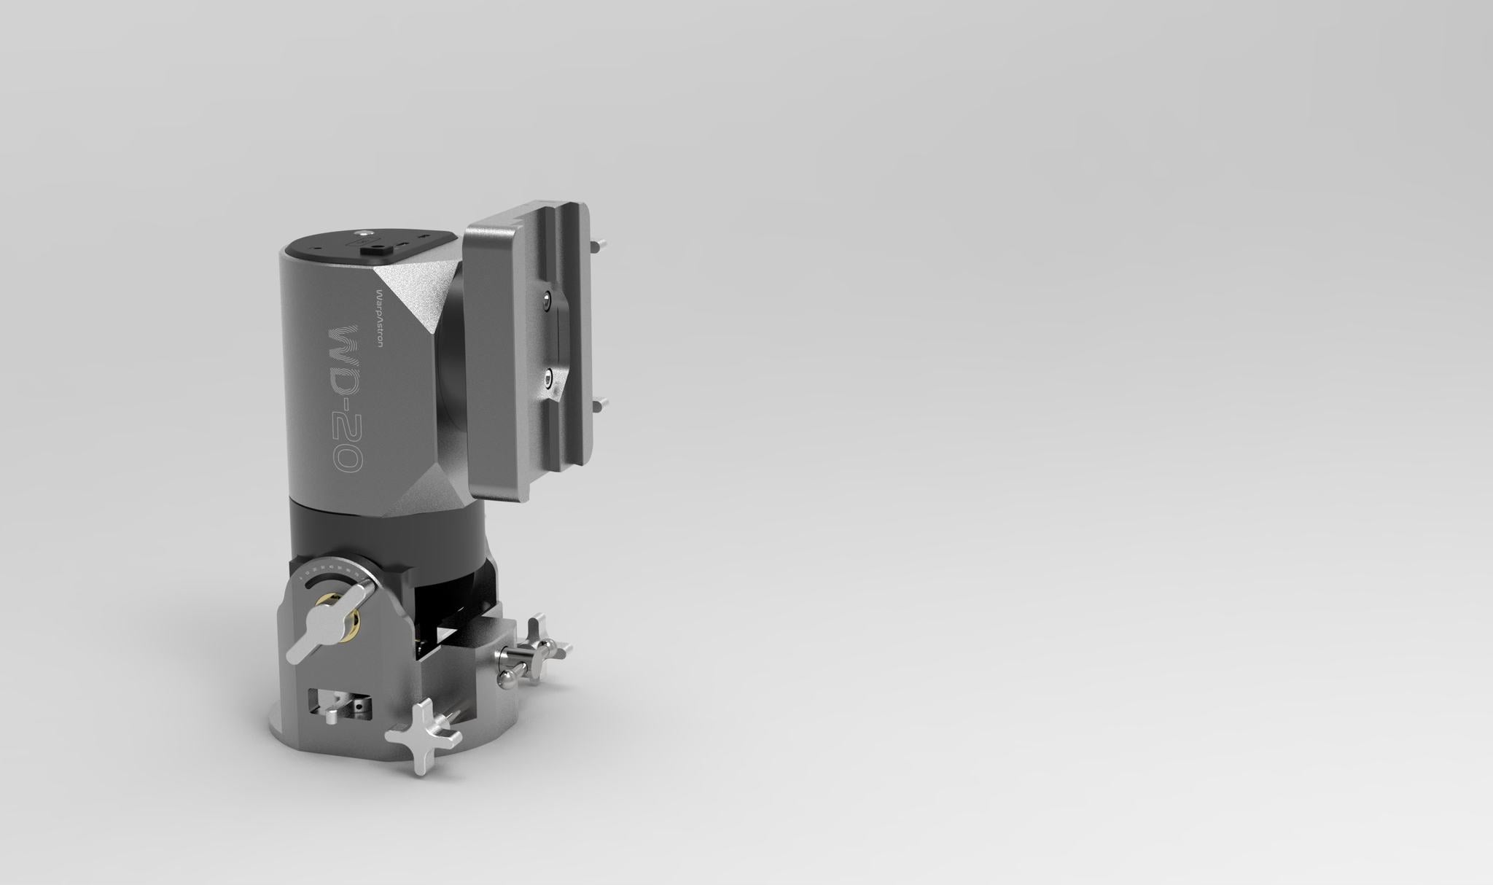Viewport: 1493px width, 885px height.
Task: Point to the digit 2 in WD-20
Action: tap(345, 424)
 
